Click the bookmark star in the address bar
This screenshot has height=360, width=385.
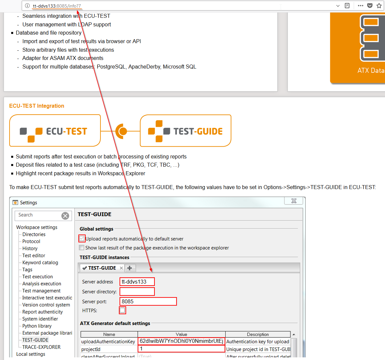click(x=379, y=6)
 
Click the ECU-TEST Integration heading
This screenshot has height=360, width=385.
click(x=37, y=106)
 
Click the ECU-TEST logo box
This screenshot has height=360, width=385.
click(x=55, y=130)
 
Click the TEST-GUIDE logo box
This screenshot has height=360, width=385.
click(x=185, y=130)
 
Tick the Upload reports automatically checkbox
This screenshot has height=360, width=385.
click(x=82, y=238)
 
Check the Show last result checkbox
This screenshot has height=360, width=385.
click(x=82, y=248)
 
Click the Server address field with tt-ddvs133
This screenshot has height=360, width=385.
click(x=137, y=282)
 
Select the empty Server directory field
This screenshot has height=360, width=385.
click(x=137, y=291)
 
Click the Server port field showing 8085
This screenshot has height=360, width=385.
click(x=148, y=301)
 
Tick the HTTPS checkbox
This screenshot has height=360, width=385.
click(x=122, y=310)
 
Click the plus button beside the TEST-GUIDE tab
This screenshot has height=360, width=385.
click(x=130, y=268)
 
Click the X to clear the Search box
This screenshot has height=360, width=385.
click(x=65, y=216)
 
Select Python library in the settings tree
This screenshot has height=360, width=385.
click(x=37, y=326)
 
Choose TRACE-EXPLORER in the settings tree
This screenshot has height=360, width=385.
click(x=41, y=347)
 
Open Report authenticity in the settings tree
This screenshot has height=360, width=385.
click(x=42, y=312)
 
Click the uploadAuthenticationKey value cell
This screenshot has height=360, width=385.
click(x=181, y=341)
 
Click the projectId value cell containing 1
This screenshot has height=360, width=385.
click(x=181, y=349)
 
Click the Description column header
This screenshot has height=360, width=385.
click(x=258, y=334)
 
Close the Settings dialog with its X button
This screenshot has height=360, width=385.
click(x=294, y=201)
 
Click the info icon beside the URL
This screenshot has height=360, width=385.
click(x=27, y=6)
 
